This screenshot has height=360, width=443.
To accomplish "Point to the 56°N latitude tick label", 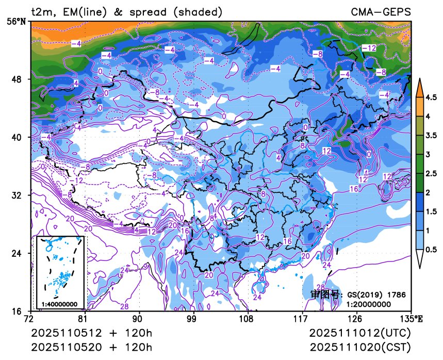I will [x=18, y=22].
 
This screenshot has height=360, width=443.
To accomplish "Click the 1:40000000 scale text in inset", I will [x=59, y=304].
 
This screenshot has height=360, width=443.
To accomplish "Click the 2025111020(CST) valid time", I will [x=360, y=347].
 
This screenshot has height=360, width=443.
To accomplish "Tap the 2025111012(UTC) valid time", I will [x=360, y=333].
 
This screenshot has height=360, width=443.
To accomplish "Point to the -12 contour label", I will [x=369, y=48].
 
